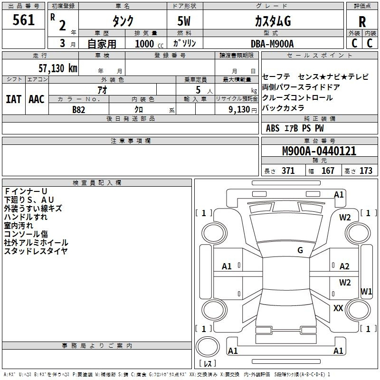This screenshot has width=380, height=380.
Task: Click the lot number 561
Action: click(23, 19)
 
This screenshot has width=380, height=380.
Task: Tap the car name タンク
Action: click(123, 21)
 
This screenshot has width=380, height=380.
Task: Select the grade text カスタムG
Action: click(273, 21)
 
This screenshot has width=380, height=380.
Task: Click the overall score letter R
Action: click(362, 22)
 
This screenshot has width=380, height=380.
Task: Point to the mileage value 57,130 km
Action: click(58, 68)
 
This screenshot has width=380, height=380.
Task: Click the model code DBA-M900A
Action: click(272, 44)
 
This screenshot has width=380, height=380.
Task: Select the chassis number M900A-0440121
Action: click(319, 151)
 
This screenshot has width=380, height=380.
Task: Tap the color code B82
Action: click(79, 110)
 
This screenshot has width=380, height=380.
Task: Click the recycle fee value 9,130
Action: click(239, 110)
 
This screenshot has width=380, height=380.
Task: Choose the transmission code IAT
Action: click(13, 99)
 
